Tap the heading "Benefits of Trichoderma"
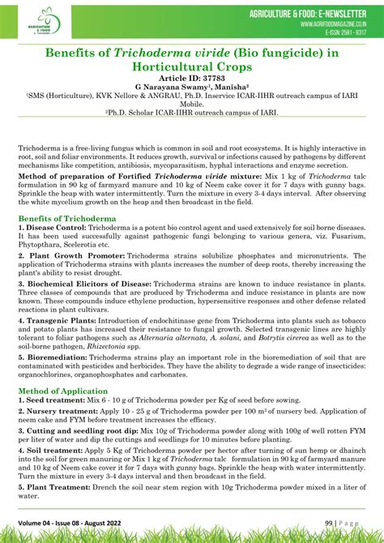[x=66, y=219]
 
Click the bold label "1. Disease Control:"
[x=52, y=229]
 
